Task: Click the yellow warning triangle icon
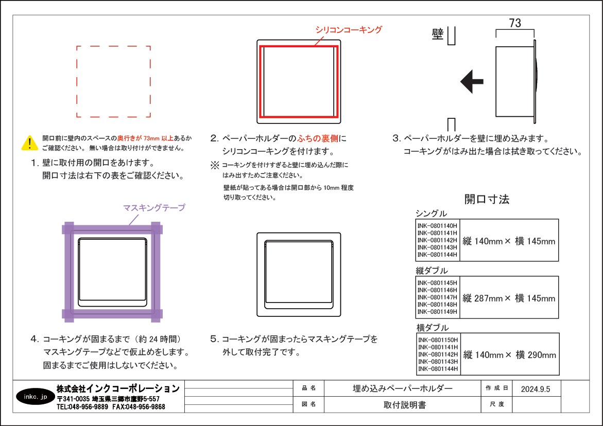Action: click(30, 143)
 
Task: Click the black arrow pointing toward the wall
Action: click(472, 81)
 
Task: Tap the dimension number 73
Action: click(515, 23)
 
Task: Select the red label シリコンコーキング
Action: click(349, 30)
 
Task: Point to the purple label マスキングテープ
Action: click(154, 208)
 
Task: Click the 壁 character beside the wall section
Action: click(438, 34)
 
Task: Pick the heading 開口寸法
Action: click(487, 199)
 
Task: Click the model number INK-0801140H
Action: click(437, 226)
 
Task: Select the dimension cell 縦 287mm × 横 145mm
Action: click(509, 298)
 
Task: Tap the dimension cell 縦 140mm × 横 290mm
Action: click(510, 355)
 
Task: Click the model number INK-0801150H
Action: click(438, 340)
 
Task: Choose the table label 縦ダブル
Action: click(432, 271)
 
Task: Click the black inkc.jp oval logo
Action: click(36, 397)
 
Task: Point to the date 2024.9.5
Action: click(536, 389)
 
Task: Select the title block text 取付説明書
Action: click(405, 405)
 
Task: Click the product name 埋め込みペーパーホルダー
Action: click(403, 388)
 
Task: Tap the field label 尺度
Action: click(497, 404)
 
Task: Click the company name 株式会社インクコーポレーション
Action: click(118, 388)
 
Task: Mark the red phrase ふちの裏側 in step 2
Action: click(318, 138)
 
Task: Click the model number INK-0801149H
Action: click(437, 312)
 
